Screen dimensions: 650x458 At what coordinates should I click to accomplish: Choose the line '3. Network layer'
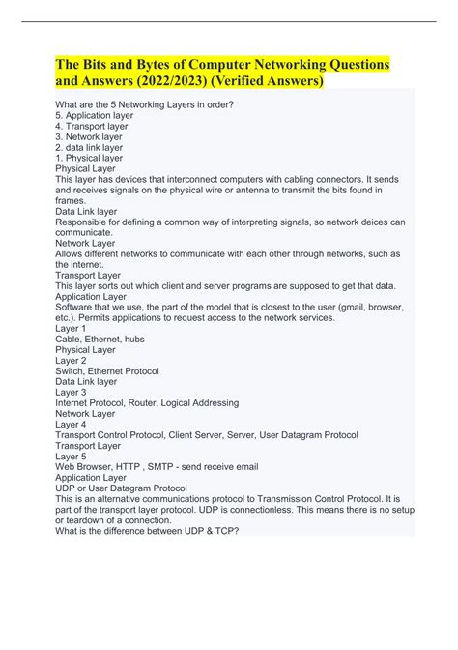pyautogui.click(x=95, y=136)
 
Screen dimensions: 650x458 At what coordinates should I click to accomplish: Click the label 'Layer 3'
pyautogui.click(x=72, y=392)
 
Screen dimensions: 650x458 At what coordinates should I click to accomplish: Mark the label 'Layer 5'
pyautogui.click(x=72, y=456)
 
